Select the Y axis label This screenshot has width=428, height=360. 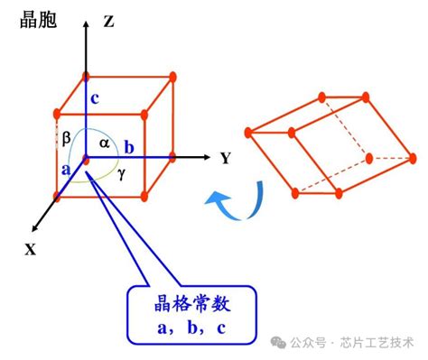tap(226, 158)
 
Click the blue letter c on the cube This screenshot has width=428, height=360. tap(93, 98)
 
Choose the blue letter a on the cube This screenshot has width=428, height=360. tap(66, 169)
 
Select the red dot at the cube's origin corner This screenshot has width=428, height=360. tap(85, 159)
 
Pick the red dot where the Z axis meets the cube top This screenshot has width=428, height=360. tap(85, 76)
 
